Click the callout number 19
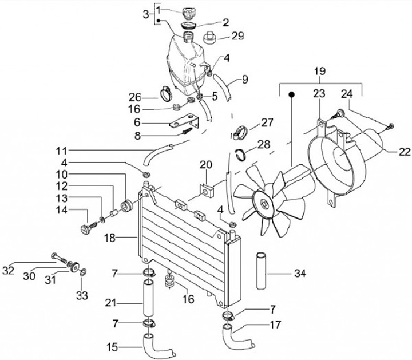pyautogui.click(x=319, y=72)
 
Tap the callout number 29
pyautogui.click(x=236, y=36)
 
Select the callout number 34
pyautogui.click(x=299, y=274)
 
